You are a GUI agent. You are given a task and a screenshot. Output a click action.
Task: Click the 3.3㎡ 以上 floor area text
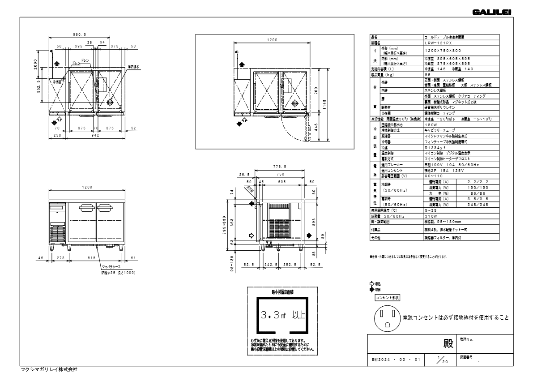(x=282, y=315)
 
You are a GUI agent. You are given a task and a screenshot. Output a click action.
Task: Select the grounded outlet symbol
(x=387, y=317)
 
